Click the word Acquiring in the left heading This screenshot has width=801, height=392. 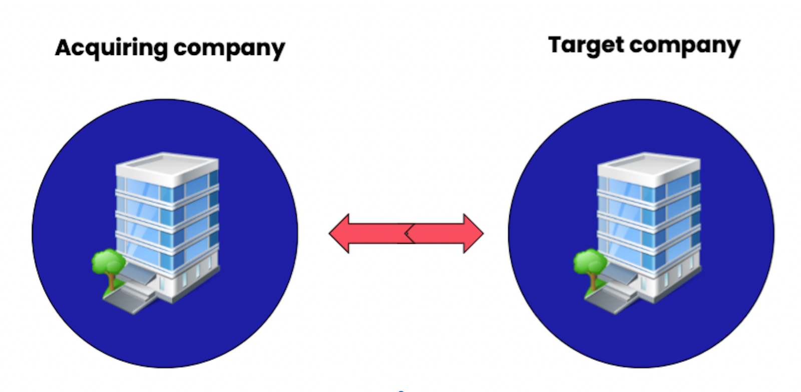click(x=111, y=48)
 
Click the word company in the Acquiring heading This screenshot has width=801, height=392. click(x=229, y=49)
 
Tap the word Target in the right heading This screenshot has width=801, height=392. click(x=586, y=46)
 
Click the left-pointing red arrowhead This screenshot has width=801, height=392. click(x=340, y=233)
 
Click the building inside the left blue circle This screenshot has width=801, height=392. click(x=167, y=226)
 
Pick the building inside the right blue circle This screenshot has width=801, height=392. click(x=649, y=226)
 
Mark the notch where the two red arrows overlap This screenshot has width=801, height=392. click(x=409, y=233)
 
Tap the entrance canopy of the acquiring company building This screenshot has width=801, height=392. click(x=135, y=274)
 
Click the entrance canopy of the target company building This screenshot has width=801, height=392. click(x=617, y=274)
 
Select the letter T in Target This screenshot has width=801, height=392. click(x=556, y=45)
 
